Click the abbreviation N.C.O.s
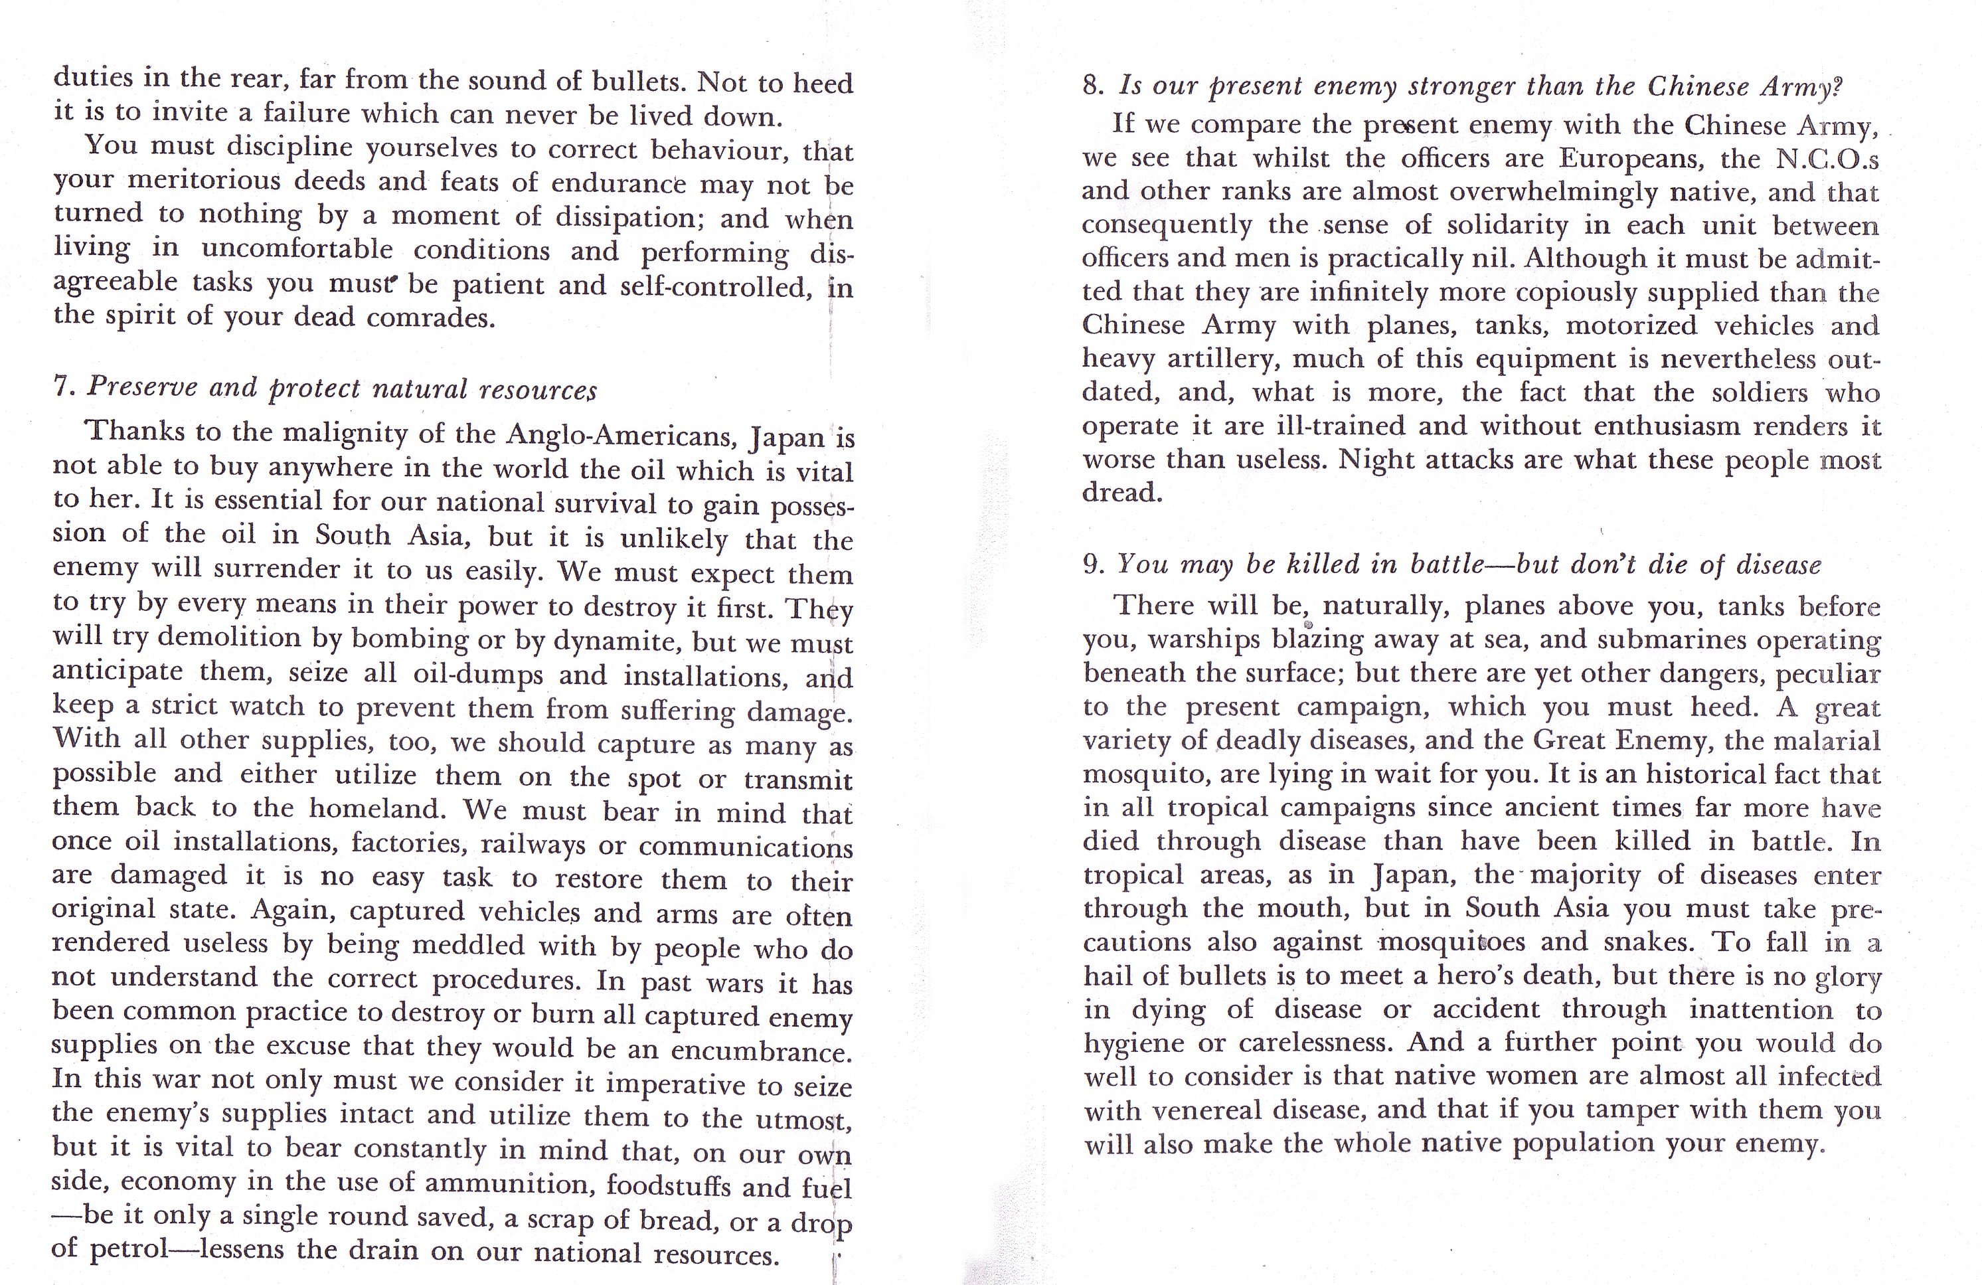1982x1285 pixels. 1832,158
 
